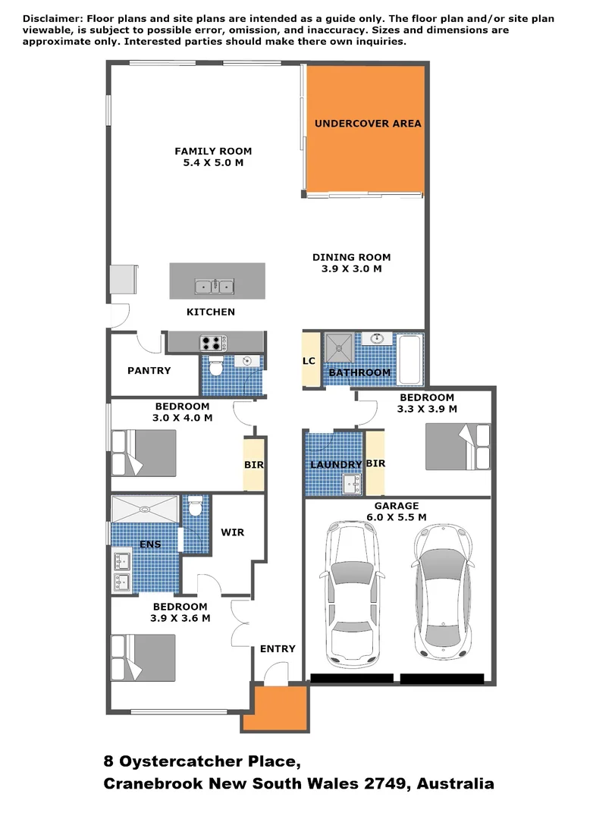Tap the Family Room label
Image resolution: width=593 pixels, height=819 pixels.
[x=213, y=151]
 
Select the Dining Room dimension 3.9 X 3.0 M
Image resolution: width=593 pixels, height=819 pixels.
[x=351, y=268]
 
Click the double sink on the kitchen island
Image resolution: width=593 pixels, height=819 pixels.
[x=215, y=286]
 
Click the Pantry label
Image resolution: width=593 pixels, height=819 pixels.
[x=149, y=371]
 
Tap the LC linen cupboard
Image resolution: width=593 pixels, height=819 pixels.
[x=309, y=361]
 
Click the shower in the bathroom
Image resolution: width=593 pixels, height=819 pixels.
[x=338, y=347]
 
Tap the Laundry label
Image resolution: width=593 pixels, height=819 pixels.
[x=334, y=465]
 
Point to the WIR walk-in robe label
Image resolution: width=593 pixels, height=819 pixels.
[x=232, y=532]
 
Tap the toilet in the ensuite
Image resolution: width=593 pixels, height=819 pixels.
[x=195, y=505]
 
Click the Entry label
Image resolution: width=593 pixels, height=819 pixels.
[x=277, y=648]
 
